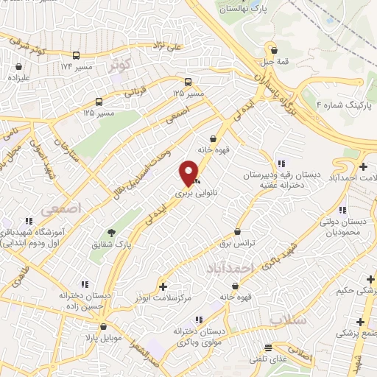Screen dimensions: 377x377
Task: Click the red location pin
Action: click(190, 173)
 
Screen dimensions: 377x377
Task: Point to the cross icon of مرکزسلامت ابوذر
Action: click(163, 286)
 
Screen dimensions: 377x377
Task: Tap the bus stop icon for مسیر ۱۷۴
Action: click(77, 56)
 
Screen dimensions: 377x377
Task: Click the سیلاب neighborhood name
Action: click(286, 321)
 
